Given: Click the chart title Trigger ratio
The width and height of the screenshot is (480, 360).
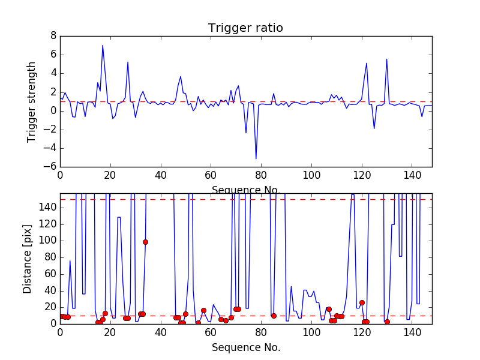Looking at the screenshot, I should [245, 28].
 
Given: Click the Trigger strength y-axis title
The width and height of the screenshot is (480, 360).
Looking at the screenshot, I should [32, 102].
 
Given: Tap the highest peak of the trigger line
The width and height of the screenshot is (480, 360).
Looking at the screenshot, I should [103, 46].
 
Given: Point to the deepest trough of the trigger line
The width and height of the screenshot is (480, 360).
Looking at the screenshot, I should [256, 158].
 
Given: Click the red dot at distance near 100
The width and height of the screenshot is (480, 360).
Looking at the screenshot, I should [145, 242].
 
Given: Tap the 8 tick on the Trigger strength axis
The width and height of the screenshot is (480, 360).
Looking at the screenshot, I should [53, 36].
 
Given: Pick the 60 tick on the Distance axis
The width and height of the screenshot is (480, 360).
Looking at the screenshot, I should [50, 274].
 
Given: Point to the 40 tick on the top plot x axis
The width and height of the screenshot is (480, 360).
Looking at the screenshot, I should [160, 175].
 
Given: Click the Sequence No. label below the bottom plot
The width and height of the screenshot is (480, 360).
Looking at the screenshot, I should [245, 347].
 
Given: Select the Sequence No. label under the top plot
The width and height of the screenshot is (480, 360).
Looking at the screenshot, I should [245, 190].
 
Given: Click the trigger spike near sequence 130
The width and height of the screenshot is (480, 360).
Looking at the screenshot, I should [386, 59].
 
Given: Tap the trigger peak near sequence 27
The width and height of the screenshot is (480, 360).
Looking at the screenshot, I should [128, 62].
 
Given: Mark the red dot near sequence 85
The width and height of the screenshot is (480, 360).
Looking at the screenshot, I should [274, 316].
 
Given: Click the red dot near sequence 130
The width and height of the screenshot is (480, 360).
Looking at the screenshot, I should [387, 322].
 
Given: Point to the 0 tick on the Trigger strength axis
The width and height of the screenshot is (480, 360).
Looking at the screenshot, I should [53, 111].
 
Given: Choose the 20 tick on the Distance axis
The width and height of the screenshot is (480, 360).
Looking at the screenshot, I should [50, 307].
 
